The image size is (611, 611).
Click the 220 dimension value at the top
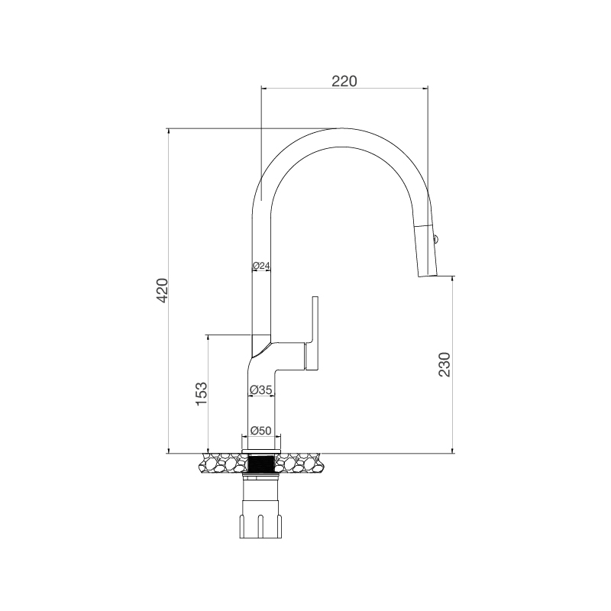[x=344, y=79]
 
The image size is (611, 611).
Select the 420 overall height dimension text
[x=161, y=291]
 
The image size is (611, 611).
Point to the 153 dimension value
[x=201, y=393]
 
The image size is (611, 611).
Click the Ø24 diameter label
[x=261, y=266]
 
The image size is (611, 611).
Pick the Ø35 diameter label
[x=261, y=390]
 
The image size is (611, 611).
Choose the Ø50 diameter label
[x=261, y=431]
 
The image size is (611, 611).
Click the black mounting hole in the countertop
[x=261, y=463]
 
